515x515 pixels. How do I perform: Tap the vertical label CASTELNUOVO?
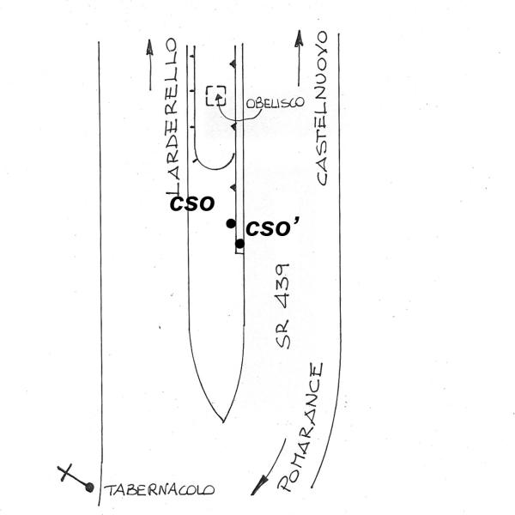pyautogui.click(x=321, y=109)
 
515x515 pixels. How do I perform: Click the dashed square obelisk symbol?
pyautogui.click(x=216, y=95)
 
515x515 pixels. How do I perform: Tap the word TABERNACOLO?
pyautogui.click(x=160, y=492)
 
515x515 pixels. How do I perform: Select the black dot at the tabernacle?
pyautogui.click(x=89, y=488)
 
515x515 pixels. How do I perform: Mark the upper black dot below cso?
pyautogui.click(x=231, y=224)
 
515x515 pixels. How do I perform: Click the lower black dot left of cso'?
pyautogui.click(x=240, y=244)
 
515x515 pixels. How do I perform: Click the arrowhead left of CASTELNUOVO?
pyautogui.click(x=298, y=39)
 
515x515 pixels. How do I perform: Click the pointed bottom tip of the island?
pyautogui.click(x=222, y=421)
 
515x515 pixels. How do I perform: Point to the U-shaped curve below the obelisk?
pyautogui.click(x=214, y=163)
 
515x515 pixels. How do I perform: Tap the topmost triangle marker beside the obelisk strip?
pyautogui.click(x=233, y=64)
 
